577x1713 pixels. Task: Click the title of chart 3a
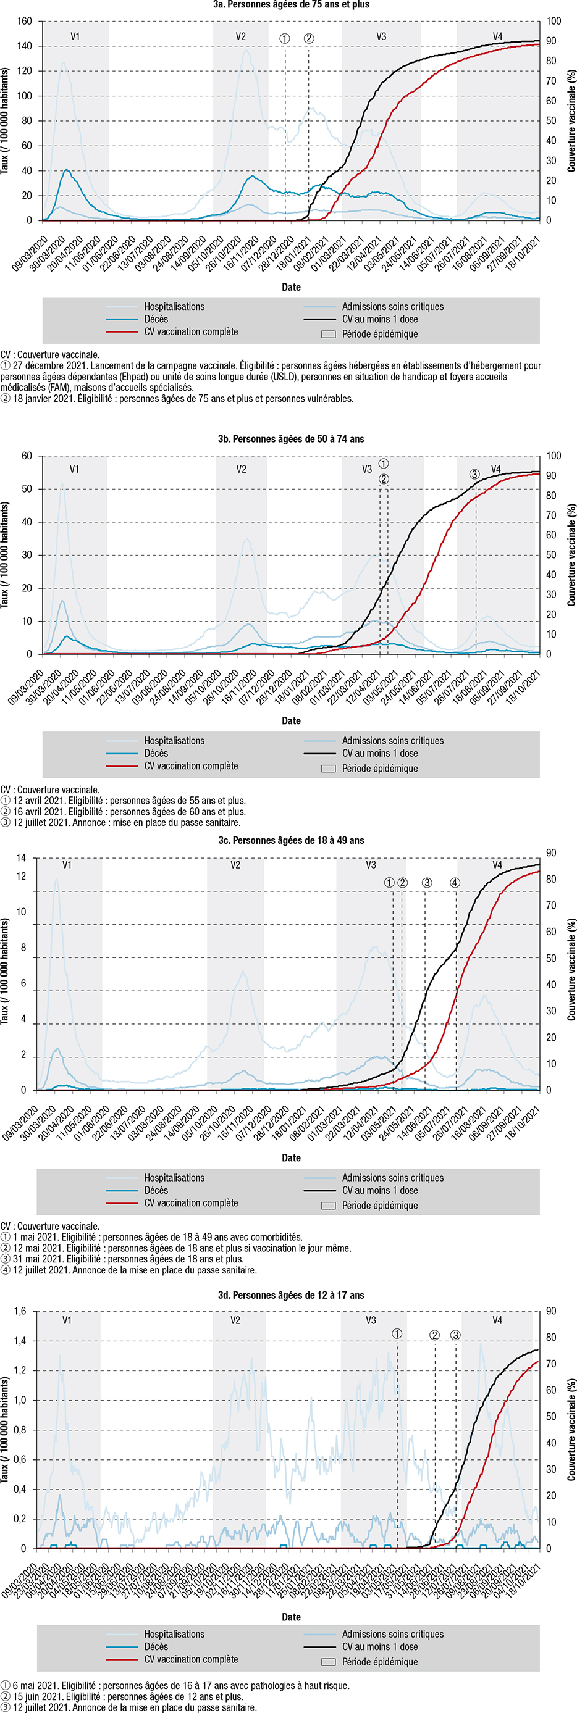click(291, 5)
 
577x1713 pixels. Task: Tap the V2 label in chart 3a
click(241, 36)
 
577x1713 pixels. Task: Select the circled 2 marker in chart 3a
click(309, 38)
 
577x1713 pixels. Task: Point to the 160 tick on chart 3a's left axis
click(25, 21)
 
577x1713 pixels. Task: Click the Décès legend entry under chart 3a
click(156, 319)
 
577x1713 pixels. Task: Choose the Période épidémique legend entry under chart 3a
click(379, 334)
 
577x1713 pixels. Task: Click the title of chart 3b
click(291, 439)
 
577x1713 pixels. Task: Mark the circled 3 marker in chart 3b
click(474, 474)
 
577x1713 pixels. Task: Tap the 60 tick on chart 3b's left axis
click(27, 456)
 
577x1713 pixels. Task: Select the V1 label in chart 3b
click(75, 470)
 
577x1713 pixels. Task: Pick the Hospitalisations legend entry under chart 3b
click(174, 741)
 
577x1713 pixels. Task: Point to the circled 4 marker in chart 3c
click(455, 883)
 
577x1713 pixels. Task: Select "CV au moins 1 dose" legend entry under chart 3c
click(379, 1190)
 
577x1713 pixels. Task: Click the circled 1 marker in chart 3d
click(397, 1334)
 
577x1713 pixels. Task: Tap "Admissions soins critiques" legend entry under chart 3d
click(392, 1628)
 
